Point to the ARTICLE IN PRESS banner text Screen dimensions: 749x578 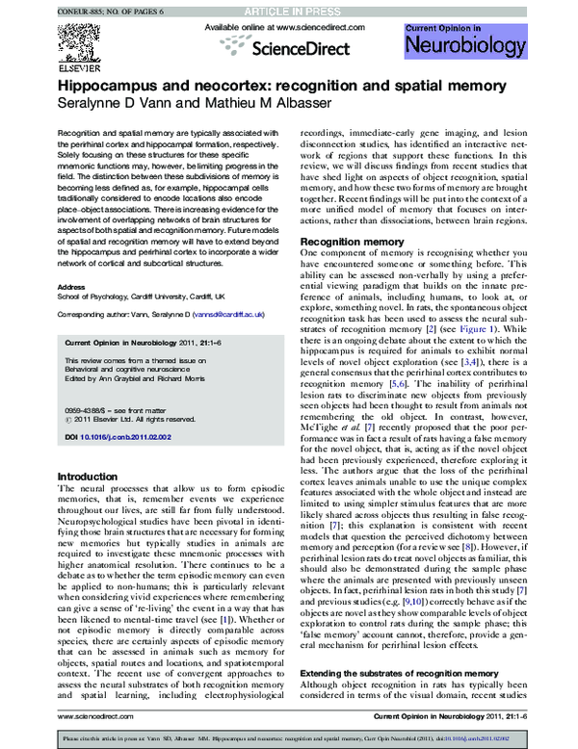pos(289,10)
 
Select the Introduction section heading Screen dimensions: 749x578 pos(89,477)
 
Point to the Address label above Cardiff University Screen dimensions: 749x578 pos(72,287)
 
